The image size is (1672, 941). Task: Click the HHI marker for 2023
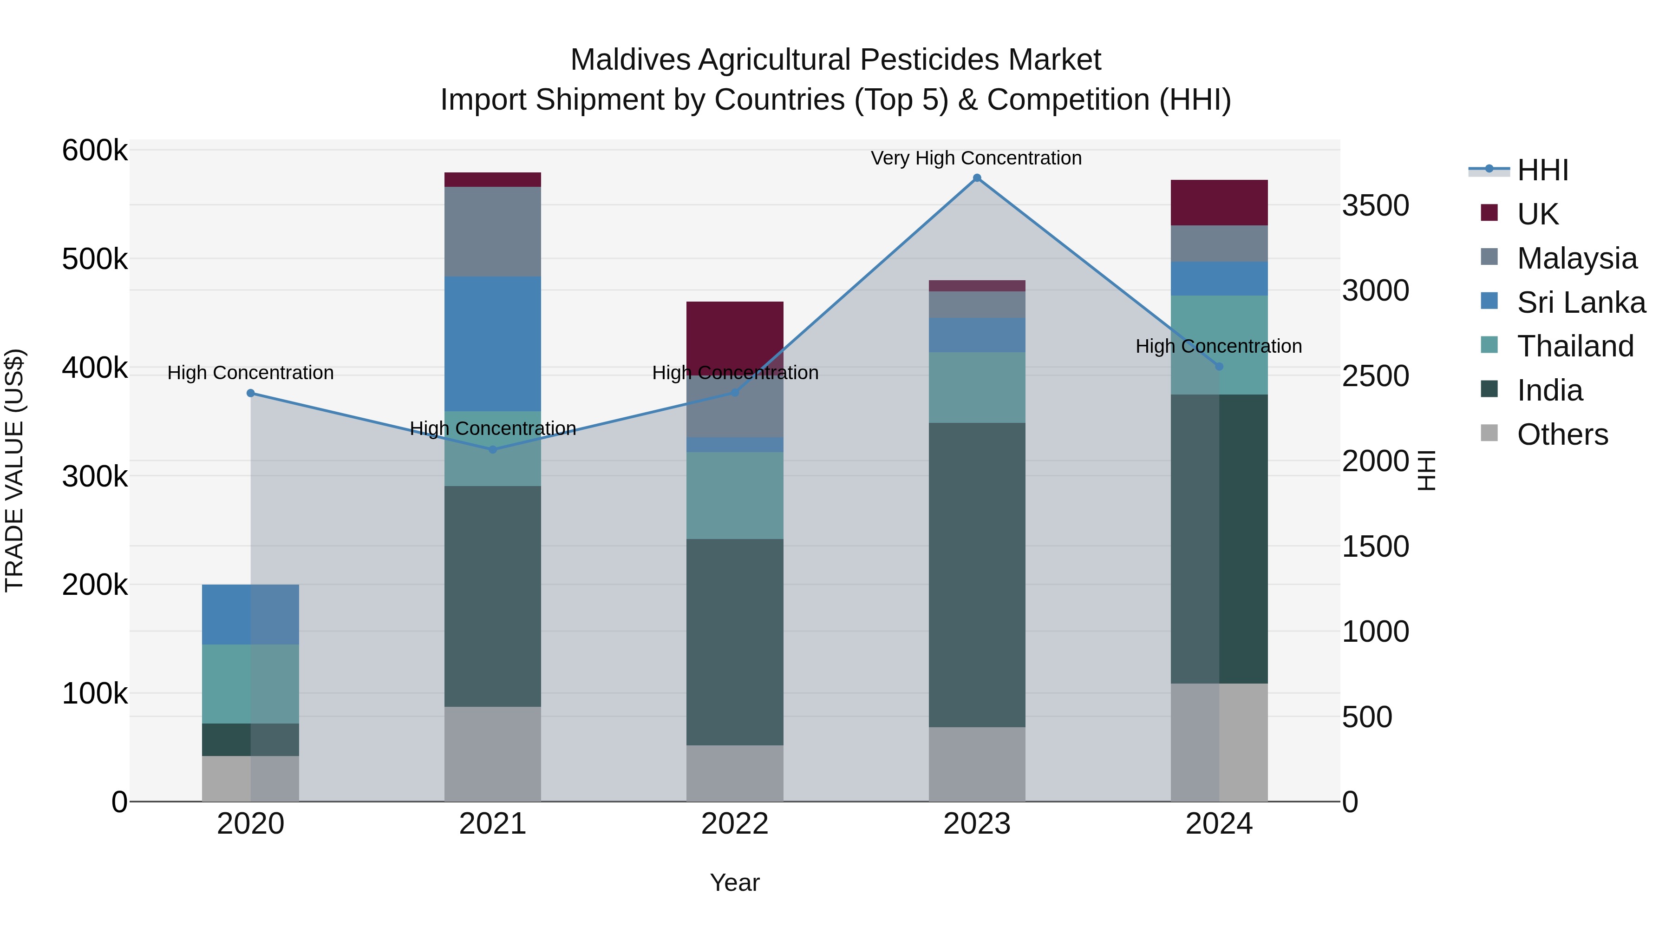coord(977,178)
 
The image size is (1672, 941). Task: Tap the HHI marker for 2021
coord(493,449)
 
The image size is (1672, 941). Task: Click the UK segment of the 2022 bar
coord(735,335)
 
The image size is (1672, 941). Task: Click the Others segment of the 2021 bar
coord(493,753)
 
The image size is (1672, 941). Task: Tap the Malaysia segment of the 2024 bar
coord(1219,243)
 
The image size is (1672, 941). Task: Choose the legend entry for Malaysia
coord(1577,258)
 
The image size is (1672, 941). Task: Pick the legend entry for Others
coord(1562,434)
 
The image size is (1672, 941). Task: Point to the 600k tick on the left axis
coord(95,151)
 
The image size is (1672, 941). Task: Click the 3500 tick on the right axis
coord(1375,206)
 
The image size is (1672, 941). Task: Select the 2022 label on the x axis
coord(735,824)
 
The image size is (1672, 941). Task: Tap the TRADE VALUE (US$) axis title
coord(14,470)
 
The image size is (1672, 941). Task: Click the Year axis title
coord(735,882)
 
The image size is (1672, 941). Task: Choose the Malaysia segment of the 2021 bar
coord(493,232)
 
